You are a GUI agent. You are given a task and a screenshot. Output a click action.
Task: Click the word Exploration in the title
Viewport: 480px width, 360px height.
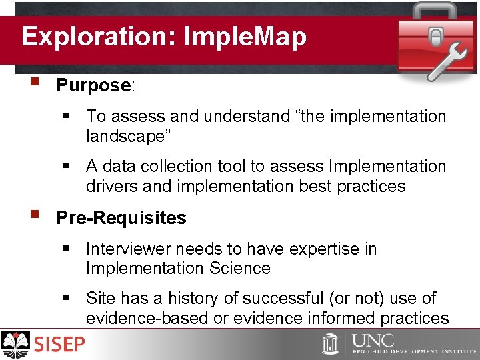[95, 36]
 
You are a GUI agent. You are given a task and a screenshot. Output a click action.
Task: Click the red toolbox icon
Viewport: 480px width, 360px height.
[435, 40]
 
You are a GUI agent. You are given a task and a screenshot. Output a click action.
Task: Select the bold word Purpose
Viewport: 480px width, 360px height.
[93, 85]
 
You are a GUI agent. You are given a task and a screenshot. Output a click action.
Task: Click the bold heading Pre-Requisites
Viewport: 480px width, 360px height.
[121, 218]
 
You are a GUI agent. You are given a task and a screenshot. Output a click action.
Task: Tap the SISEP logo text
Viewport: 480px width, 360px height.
[60, 344]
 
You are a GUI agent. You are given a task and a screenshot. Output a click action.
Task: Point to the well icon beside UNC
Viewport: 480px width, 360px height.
[331, 343]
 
